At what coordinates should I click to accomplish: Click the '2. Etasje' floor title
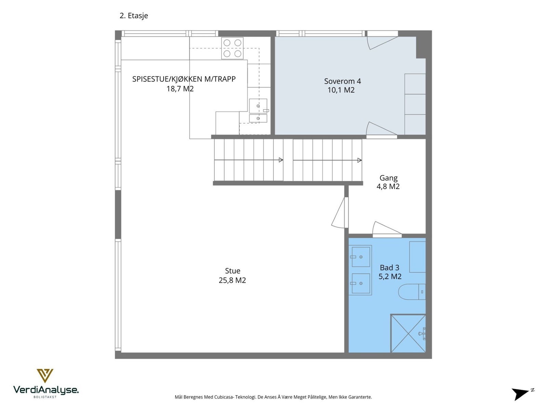[x=134, y=16]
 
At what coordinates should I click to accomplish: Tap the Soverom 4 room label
[x=342, y=81]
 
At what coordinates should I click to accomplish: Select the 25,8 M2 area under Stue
[x=232, y=280]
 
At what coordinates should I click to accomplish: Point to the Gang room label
[x=388, y=178]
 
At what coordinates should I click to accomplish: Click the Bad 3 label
[x=389, y=267]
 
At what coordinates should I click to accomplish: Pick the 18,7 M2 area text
[x=180, y=89]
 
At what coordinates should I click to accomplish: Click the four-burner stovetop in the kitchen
[x=232, y=48]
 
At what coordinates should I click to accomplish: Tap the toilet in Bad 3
[x=412, y=291]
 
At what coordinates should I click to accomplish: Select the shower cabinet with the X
[x=408, y=333]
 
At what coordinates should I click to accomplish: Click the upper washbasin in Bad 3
[x=360, y=257]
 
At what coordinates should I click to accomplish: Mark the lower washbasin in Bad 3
[x=360, y=283]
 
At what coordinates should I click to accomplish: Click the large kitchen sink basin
[x=258, y=106]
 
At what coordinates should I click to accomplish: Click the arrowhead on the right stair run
[x=359, y=160]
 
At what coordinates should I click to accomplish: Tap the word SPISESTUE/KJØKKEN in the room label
[x=167, y=79]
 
